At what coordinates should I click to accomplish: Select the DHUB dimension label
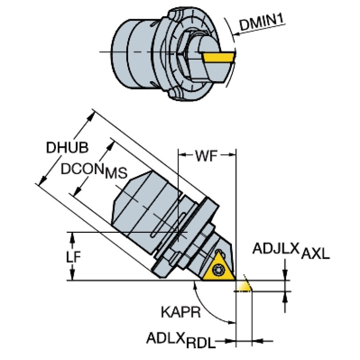click(x=67, y=147)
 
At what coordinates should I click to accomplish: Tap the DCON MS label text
click(x=94, y=171)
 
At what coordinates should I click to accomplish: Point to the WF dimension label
click(x=206, y=156)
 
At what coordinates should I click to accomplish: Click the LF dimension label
click(x=74, y=257)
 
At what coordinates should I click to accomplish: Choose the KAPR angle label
click(x=181, y=312)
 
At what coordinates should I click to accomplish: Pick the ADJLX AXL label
click(x=291, y=251)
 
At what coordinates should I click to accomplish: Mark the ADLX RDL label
click(x=181, y=340)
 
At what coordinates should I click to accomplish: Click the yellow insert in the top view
click(x=219, y=57)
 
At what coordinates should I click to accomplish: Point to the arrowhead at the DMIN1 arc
click(x=236, y=35)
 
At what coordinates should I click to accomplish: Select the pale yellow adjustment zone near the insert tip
click(x=244, y=286)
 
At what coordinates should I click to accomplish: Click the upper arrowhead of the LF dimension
click(x=73, y=237)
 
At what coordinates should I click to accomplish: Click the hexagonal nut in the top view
click(x=185, y=54)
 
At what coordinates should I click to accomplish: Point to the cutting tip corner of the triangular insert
click(x=236, y=280)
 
